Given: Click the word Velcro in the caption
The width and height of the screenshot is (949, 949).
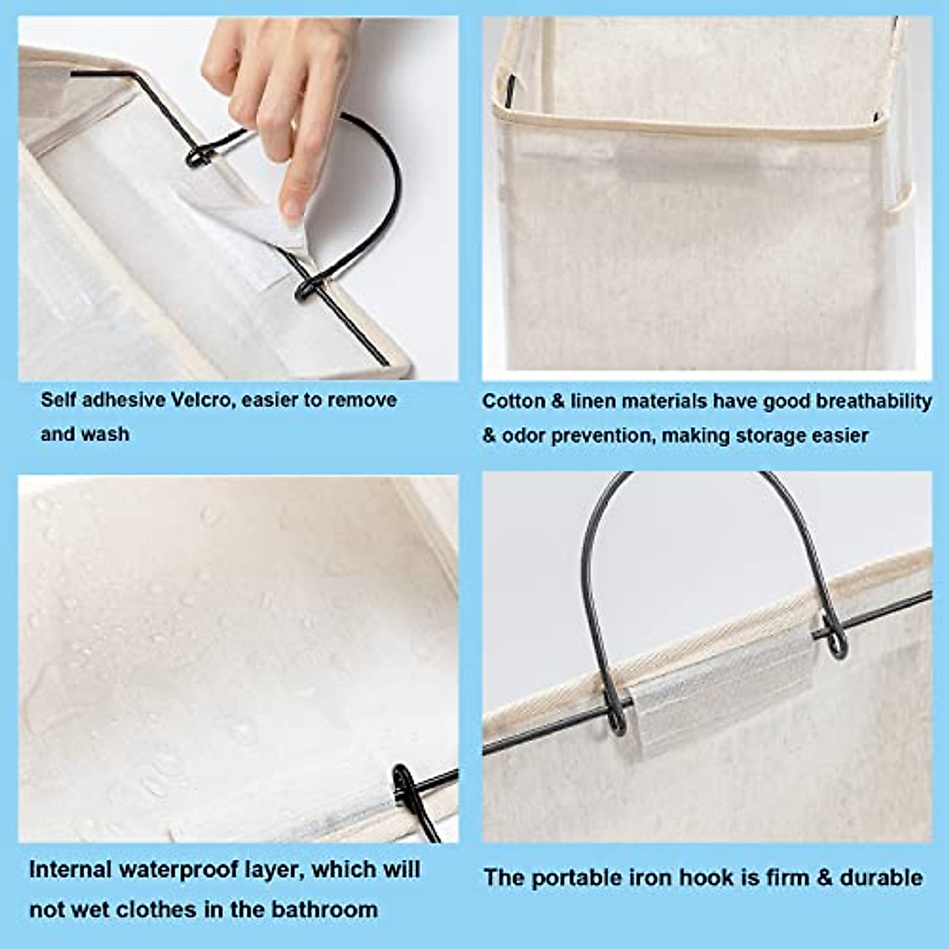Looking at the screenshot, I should [x=202, y=400].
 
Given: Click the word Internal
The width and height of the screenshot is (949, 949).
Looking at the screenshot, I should [x=70, y=870].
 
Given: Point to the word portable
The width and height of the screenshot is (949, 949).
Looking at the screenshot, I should [x=576, y=878].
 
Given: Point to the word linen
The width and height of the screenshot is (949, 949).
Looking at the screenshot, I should [x=592, y=402].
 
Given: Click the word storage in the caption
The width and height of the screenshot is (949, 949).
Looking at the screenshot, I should [x=770, y=436].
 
